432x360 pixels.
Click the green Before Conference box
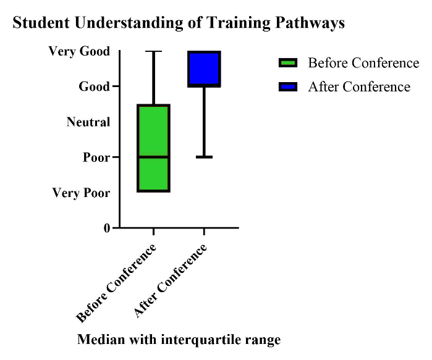point(153,148)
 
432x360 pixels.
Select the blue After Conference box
point(204,69)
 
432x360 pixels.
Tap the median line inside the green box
point(153,157)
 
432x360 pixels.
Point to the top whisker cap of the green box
point(153,51)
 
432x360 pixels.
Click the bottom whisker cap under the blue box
point(204,157)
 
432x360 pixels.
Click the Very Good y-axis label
point(79,51)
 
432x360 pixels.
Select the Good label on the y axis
point(94,86)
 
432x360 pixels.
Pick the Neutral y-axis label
point(88,122)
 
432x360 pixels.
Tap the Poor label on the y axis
point(96,157)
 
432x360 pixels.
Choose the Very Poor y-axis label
point(81,193)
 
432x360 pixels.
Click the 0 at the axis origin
point(107,228)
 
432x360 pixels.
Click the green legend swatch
point(288,63)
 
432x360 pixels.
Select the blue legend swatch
point(288,86)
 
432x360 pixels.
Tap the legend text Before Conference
point(363,63)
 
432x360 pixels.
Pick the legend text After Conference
point(359,86)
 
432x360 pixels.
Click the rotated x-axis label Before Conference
point(116,283)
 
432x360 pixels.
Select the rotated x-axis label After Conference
point(170,281)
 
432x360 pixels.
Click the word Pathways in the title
point(310,23)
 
